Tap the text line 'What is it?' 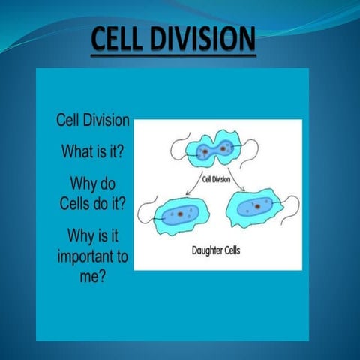[x=93, y=150]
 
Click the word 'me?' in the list [x=93, y=275]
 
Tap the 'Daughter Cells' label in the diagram [x=220, y=248]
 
